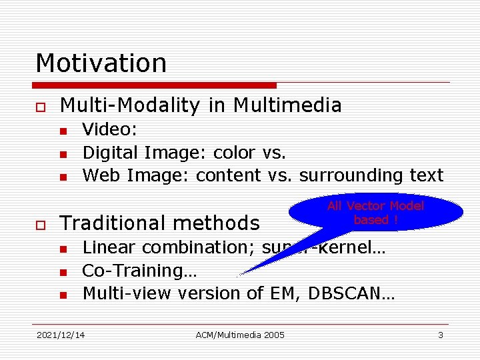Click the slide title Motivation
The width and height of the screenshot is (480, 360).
click(101, 63)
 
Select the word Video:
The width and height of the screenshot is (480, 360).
click(109, 130)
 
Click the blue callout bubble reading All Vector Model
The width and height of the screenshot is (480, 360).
click(375, 213)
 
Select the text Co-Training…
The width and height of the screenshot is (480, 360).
click(139, 271)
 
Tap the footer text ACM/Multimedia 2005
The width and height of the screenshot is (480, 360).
click(240, 335)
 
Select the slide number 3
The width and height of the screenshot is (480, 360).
click(440, 335)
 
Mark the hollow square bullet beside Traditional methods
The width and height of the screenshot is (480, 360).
click(40, 223)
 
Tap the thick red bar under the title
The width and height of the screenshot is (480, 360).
click(155, 85)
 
